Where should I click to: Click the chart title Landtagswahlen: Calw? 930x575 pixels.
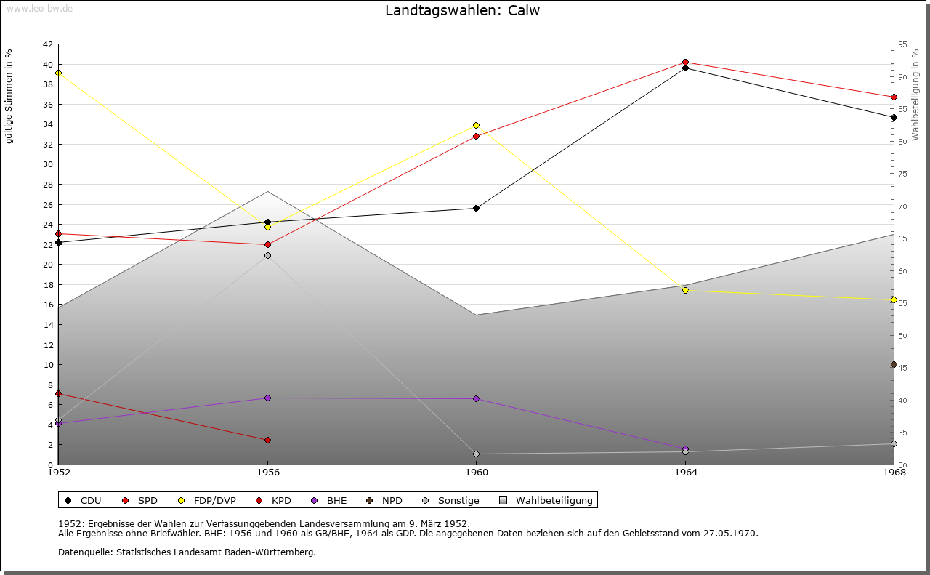click(x=462, y=11)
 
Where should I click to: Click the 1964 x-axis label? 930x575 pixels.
click(x=686, y=473)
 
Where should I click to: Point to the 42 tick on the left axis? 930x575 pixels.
click(x=47, y=44)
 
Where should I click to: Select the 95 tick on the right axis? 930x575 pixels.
click(x=902, y=44)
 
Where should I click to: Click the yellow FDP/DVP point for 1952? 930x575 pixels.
click(x=58, y=73)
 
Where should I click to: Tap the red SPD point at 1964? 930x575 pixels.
click(x=685, y=63)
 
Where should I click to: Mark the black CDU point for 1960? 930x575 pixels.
click(x=476, y=209)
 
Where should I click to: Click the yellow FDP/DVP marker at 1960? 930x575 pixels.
click(x=476, y=126)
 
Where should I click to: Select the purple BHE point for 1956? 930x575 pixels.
click(x=267, y=398)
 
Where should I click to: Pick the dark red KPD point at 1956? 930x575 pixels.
click(x=267, y=441)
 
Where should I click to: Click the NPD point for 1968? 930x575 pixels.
click(x=894, y=365)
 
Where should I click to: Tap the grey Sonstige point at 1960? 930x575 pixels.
click(x=476, y=454)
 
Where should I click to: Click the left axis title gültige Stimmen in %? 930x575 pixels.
click(x=9, y=97)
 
